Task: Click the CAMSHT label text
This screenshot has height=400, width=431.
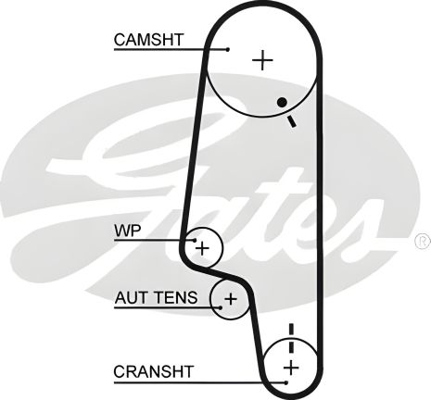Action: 148,40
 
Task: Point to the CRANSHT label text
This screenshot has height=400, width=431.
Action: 154,371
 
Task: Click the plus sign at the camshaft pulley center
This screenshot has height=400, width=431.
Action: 264,61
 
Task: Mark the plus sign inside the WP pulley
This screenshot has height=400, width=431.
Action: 203,248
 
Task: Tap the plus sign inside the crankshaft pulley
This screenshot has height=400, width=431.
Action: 290,369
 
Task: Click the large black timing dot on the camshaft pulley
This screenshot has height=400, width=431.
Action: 281,103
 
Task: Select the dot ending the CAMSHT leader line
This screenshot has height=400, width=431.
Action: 227,48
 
